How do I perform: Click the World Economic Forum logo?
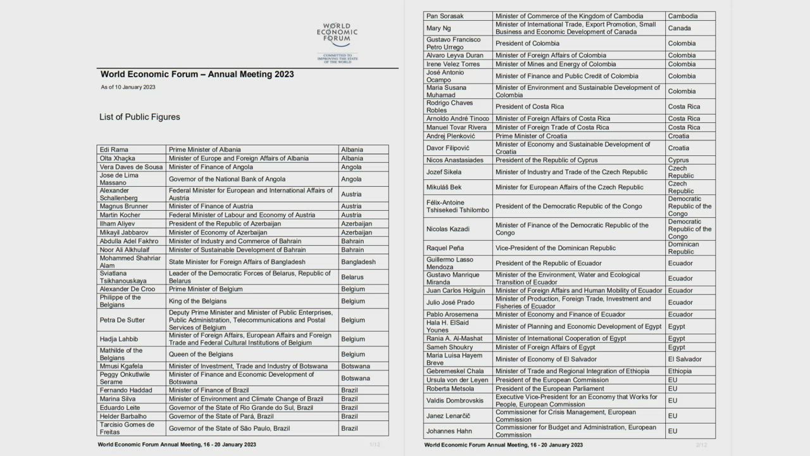click(x=337, y=39)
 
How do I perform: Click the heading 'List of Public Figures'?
click(x=139, y=117)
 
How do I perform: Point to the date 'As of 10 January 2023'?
click(x=128, y=87)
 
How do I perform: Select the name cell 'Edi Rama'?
click(x=114, y=149)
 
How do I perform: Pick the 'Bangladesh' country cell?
click(x=358, y=262)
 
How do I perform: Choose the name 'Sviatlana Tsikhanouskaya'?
click(x=123, y=277)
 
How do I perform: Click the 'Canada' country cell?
click(x=680, y=28)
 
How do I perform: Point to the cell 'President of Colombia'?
click(x=527, y=43)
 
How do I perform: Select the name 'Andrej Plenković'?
click(x=451, y=136)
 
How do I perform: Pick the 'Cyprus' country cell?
click(x=679, y=160)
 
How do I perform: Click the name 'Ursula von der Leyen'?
click(x=458, y=380)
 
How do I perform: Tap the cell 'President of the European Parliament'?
click(x=549, y=389)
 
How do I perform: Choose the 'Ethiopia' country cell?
click(x=680, y=371)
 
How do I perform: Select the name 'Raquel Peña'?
click(x=445, y=248)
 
